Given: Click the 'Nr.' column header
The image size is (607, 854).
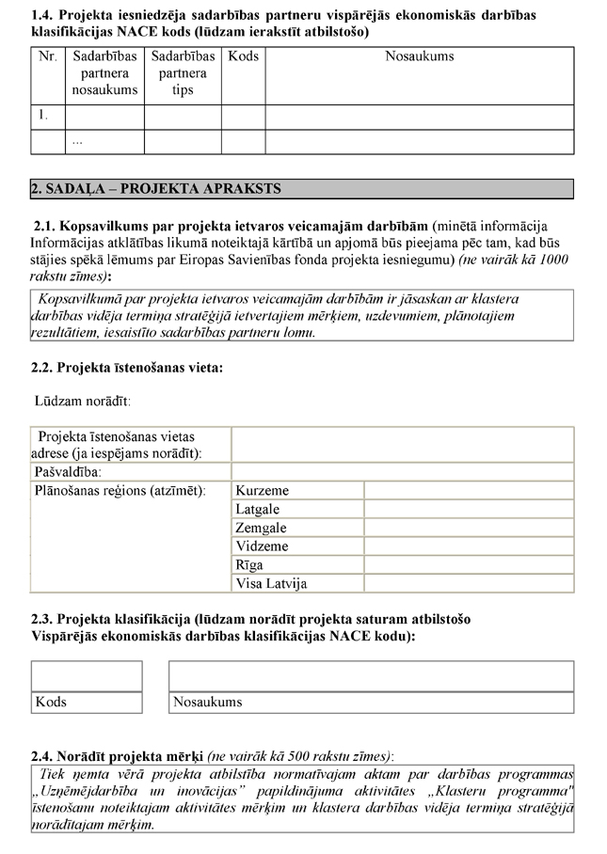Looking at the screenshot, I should [47, 56].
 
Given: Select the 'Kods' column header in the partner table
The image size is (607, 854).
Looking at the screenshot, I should [243, 56].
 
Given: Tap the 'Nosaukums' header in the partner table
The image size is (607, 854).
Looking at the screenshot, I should [419, 56].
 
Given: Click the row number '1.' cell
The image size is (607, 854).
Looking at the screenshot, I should [42, 117].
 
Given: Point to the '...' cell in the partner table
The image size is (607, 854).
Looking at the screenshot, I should [78, 141].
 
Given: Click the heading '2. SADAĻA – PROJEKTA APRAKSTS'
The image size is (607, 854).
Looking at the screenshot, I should [156, 189].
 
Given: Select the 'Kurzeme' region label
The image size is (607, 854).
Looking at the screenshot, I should [263, 490].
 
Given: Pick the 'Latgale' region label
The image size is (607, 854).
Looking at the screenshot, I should [259, 509].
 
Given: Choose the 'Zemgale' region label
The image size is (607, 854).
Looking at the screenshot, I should [261, 528].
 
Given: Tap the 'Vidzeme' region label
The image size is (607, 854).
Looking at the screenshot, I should [262, 546].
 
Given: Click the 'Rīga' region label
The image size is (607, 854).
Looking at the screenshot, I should [249, 565].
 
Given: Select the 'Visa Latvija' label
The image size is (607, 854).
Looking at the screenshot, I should [271, 584].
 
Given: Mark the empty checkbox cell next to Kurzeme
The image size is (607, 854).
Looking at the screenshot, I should [468, 490].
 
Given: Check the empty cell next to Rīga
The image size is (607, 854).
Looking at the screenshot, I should [468, 565].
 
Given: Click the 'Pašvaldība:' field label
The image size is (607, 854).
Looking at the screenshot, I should [69, 471].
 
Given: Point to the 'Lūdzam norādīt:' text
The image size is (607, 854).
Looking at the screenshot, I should [83, 402].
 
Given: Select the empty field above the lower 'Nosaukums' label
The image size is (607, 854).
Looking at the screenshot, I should [371, 676].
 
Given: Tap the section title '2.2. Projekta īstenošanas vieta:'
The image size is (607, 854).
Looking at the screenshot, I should [127, 367].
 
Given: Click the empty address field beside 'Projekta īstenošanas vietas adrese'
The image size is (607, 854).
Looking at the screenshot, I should [402, 444].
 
